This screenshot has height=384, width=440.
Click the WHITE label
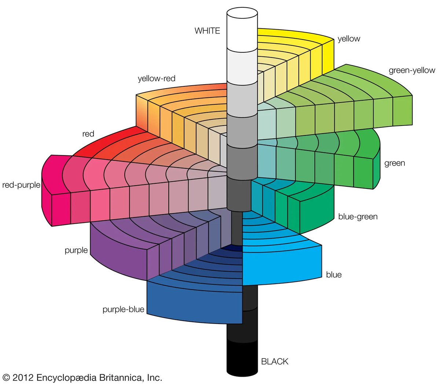pos(207,31)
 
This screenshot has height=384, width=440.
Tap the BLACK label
pos(275,361)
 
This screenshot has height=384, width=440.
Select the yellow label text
pos(349,39)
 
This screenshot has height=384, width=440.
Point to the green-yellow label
pos(412,70)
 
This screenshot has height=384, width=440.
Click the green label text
pos(395,163)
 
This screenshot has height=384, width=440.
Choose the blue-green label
pos(357,217)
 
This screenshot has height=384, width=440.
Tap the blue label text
pos(334,275)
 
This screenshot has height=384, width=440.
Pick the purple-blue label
pos(123,309)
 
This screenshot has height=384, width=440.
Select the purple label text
pos(76,250)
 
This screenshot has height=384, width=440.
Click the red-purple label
pos(21,185)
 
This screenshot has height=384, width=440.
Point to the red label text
pos(88,134)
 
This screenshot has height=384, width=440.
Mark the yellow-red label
pos(157,78)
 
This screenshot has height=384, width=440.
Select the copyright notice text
pos(82,377)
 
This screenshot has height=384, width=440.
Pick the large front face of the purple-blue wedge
pos(194,304)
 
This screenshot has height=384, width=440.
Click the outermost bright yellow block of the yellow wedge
pos(328,55)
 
